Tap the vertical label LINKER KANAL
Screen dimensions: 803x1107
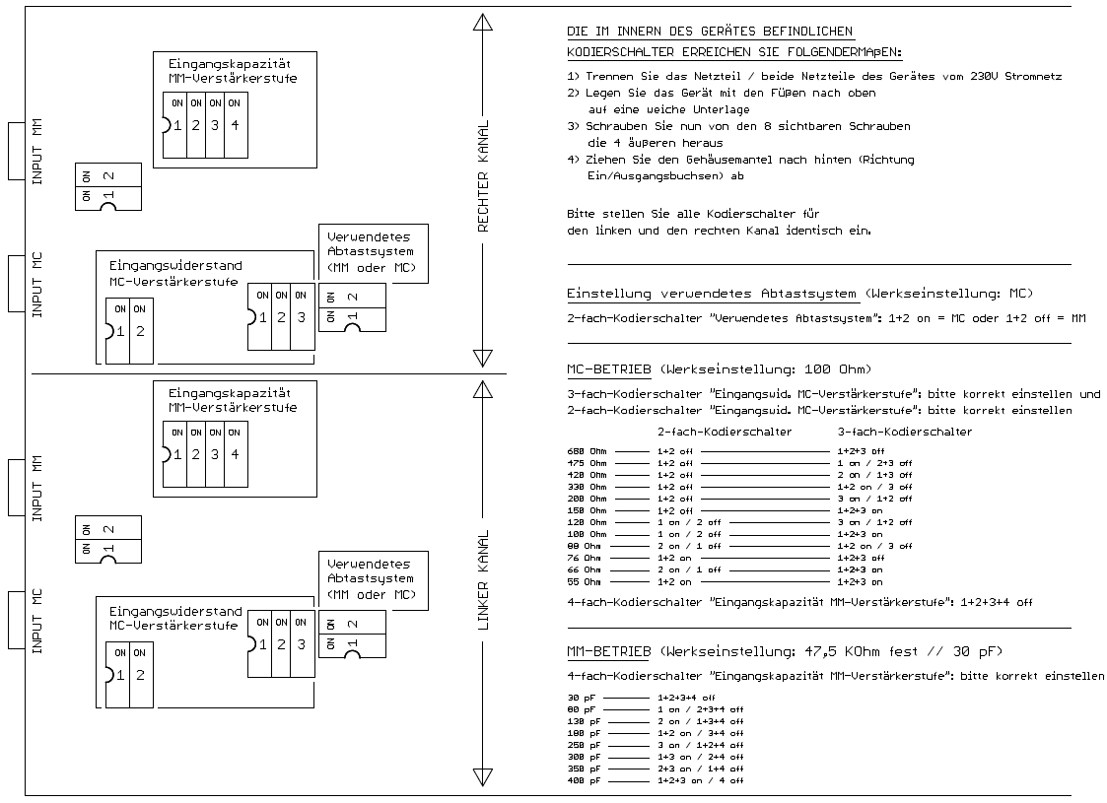pyautogui.click(x=483, y=580)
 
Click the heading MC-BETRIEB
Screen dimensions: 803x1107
pyautogui.click(x=606, y=369)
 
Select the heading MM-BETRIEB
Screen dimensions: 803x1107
pyautogui.click(x=608, y=651)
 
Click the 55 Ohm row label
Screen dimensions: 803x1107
pyautogui.click(x=585, y=581)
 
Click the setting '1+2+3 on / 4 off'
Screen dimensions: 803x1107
pyautogui.click(x=700, y=780)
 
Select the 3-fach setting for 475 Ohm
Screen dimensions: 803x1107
pyautogui.click(x=874, y=462)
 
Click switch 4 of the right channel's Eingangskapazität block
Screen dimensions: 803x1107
pyautogui.click(x=234, y=124)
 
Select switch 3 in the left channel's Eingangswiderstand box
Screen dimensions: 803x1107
pyautogui.click(x=300, y=644)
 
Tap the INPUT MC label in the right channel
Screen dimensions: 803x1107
pyautogui.click(x=36, y=284)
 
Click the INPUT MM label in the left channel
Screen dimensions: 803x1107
pyautogui.click(x=36, y=488)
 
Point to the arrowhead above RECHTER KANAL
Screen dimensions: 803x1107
pyautogui.click(x=483, y=24)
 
